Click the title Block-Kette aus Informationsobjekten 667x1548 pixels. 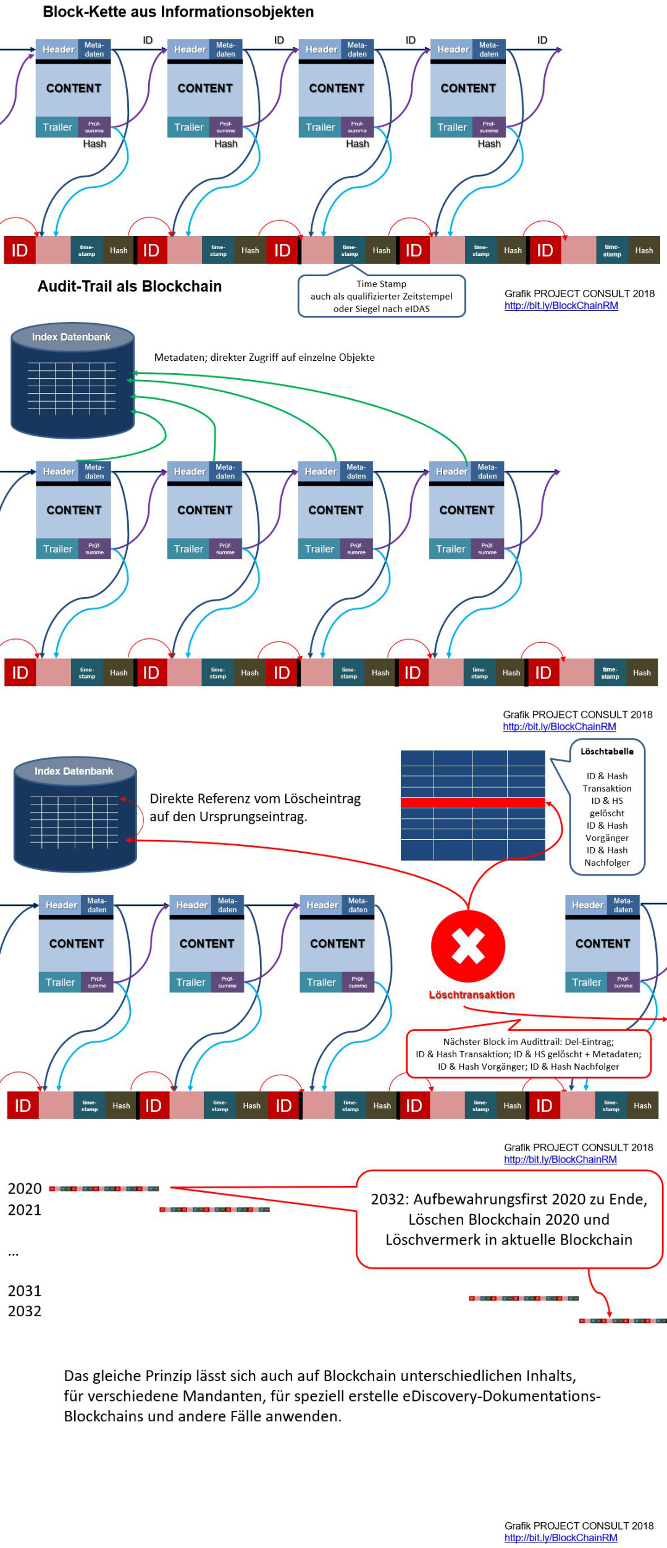pyautogui.click(x=178, y=12)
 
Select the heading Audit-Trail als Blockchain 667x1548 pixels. pyautogui.click(x=130, y=286)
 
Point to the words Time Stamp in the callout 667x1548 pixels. pyautogui.click(x=381, y=284)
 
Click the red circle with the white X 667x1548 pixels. pyautogui.click(x=468, y=947)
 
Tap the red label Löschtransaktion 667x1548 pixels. pyautogui.click(x=472, y=995)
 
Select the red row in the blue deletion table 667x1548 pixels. pyautogui.click(x=472, y=803)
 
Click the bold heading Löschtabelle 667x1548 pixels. pyautogui.click(x=607, y=751)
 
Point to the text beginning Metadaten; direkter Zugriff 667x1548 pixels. pyautogui.click(x=264, y=357)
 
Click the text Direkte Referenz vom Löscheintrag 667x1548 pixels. pyautogui.click(x=255, y=798)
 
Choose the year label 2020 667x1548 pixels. pyautogui.click(x=25, y=1188)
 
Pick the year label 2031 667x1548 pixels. pyautogui.click(x=25, y=1291)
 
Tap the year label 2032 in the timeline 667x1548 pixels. pyautogui.click(x=25, y=1311)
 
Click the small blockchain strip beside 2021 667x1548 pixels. pyautogui.click(x=214, y=1209)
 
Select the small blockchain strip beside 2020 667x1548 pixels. pyautogui.click(x=104, y=1188)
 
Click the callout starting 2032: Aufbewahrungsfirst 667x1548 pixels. pyautogui.click(x=509, y=1219)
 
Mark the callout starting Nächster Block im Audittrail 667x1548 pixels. pyautogui.click(x=529, y=1054)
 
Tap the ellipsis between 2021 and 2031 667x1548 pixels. pyautogui.click(x=14, y=1253)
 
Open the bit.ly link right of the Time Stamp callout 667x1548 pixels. pyautogui.click(x=561, y=306)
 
